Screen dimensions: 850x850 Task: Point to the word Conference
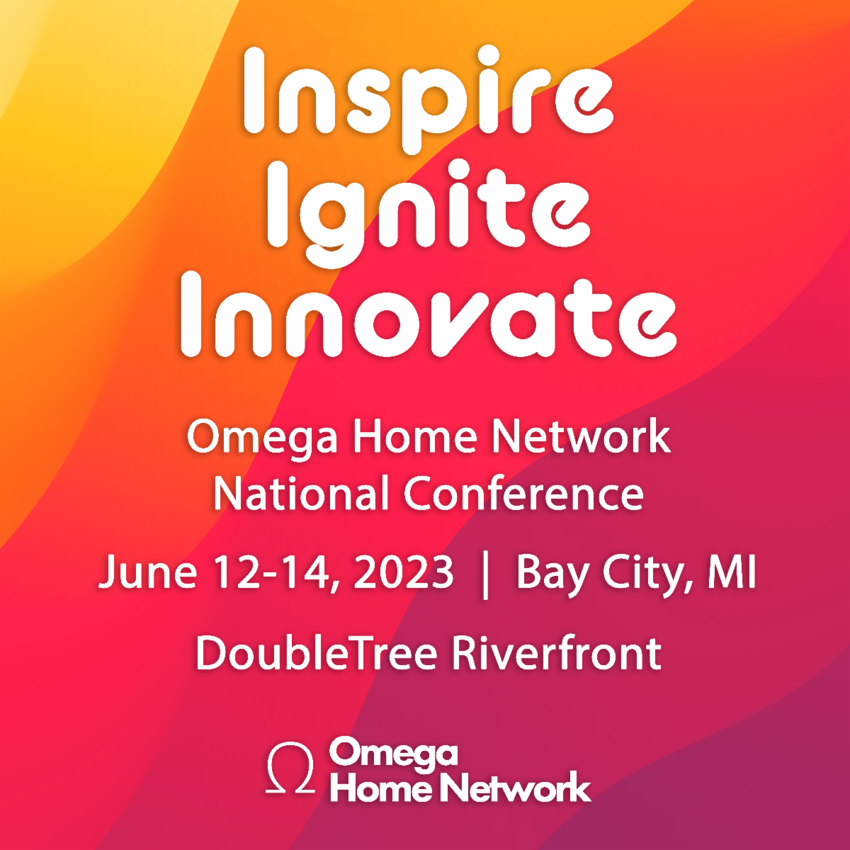pos(524,493)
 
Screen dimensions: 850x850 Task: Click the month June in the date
pos(147,572)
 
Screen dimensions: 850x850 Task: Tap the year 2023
pos(404,572)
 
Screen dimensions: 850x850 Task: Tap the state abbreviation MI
pos(732,572)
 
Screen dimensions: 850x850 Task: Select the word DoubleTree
pos(316,653)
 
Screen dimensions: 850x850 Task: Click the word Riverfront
pos(557,653)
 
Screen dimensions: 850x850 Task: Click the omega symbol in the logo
pos(290,767)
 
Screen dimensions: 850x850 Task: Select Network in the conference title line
pos(581,436)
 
